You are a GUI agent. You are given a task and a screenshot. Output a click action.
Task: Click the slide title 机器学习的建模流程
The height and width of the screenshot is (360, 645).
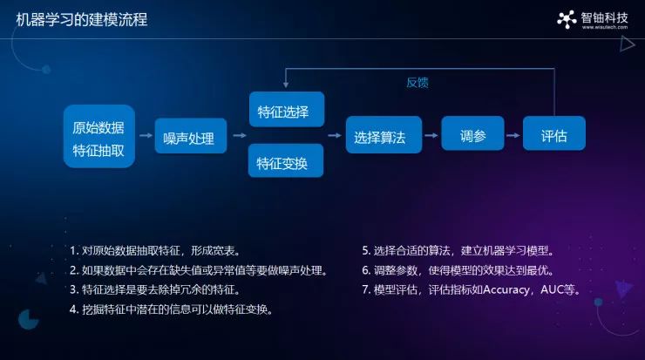tap(81, 19)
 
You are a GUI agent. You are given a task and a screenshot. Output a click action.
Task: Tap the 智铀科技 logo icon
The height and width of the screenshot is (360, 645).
tap(567, 19)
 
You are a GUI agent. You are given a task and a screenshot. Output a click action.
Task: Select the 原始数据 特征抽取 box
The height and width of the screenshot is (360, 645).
tap(99, 136)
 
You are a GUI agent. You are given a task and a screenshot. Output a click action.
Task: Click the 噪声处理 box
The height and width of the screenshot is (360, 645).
tap(191, 136)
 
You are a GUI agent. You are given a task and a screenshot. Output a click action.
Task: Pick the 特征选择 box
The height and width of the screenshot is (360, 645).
tap(287, 110)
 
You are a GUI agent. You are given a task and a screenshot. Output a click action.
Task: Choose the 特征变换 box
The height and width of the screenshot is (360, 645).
tap(286, 160)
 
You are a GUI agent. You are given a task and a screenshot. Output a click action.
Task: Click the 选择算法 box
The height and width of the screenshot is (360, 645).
tap(384, 134)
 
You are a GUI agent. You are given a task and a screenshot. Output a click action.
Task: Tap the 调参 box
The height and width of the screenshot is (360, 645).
tap(472, 133)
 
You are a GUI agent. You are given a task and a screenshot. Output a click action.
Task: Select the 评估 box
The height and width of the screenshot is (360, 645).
tap(554, 133)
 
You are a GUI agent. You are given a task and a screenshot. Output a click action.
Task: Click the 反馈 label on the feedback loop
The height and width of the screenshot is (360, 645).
tap(418, 82)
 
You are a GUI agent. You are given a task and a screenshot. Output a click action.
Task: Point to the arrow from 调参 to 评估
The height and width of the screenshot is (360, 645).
tap(513, 135)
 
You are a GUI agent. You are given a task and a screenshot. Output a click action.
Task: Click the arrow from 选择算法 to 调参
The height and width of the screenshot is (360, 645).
tap(431, 135)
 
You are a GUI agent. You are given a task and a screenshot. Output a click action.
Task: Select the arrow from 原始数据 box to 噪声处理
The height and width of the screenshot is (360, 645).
tap(146, 135)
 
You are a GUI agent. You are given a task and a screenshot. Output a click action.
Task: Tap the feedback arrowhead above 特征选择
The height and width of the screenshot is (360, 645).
tap(286, 85)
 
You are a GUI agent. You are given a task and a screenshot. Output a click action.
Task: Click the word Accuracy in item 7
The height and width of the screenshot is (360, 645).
tap(506, 289)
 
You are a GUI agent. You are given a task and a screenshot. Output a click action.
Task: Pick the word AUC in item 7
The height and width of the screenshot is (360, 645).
tap(551, 289)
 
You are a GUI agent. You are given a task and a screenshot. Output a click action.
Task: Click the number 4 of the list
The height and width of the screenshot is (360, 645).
tap(73, 309)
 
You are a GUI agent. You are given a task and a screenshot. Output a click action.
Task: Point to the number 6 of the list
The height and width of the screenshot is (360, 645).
tap(365, 270)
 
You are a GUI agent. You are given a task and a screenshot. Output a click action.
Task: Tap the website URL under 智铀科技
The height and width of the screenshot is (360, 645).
tap(605, 27)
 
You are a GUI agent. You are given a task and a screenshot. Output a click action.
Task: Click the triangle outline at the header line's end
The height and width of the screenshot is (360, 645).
tap(628, 44)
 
